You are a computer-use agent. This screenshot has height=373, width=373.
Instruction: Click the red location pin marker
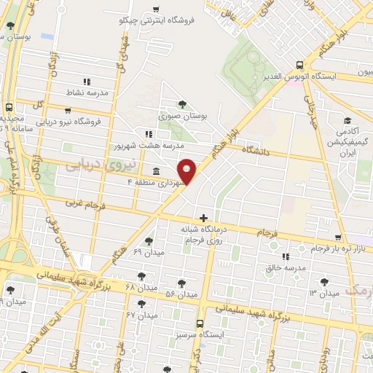point(187,170)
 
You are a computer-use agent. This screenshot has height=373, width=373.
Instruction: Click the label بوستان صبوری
point(178,115)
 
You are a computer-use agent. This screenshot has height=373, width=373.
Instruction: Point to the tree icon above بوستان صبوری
point(181,104)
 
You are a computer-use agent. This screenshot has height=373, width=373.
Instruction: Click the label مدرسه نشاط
point(88,93)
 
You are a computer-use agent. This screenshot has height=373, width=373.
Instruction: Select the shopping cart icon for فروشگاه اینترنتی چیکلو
point(157,9)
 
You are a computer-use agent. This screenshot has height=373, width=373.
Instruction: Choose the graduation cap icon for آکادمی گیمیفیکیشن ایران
point(348,120)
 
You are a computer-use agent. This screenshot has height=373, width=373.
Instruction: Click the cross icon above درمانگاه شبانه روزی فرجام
point(203,217)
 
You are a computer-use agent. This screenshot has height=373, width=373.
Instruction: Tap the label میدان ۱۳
point(323,293)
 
